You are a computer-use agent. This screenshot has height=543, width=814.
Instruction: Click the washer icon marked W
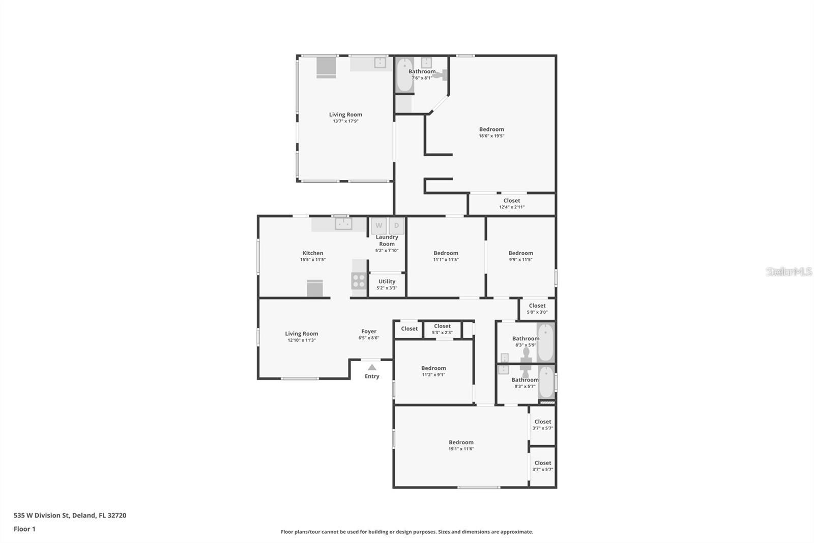tap(379, 226)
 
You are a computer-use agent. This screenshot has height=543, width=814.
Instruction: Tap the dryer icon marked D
tap(396, 226)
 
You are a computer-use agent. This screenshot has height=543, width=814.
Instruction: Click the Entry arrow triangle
tap(372, 367)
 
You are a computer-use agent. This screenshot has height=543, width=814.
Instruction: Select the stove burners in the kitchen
tap(359, 281)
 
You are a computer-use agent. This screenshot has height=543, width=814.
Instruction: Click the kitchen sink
tap(343, 224)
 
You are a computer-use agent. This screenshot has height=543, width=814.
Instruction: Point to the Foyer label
tap(369, 332)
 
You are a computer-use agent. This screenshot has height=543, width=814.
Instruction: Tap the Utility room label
tap(387, 282)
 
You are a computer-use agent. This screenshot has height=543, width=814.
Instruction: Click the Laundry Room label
tap(387, 240)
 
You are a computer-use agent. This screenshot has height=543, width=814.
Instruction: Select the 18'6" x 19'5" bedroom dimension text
tap(491, 136)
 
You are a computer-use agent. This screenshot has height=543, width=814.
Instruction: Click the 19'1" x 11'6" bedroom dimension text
tap(461, 449)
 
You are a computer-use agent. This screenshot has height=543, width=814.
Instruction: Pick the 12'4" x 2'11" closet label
tap(512, 201)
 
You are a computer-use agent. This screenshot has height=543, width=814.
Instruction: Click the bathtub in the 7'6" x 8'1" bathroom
tap(404, 75)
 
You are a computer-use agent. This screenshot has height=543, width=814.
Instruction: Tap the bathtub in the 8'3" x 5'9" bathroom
tap(545, 342)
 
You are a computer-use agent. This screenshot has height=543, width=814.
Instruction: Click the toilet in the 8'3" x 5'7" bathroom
tap(526, 373)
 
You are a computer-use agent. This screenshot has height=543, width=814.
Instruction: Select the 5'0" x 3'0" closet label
tap(537, 306)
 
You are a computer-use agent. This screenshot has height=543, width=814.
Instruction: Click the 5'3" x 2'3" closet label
tap(442, 327)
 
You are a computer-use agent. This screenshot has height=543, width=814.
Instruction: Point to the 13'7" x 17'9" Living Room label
tap(345, 115)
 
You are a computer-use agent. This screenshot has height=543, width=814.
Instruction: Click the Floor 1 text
tap(24, 529)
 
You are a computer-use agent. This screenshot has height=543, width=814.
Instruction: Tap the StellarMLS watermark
tap(789, 271)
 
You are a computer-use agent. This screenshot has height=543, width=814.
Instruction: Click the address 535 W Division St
tap(70, 515)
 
